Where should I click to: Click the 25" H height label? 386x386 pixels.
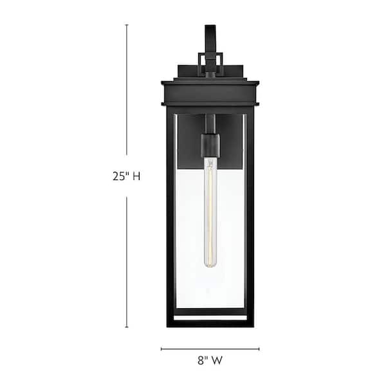pyautogui.click(x=126, y=176)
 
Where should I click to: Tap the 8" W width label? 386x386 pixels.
pyautogui.click(x=210, y=362)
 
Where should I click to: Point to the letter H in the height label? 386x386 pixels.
pyautogui.click(x=136, y=176)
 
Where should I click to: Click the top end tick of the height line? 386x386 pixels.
pyautogui.click(x=126, y=25)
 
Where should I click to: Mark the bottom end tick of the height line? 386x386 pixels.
pyautogui.click(x=126, y=327)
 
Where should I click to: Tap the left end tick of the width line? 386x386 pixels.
pyautogui.click(x=161, y=349)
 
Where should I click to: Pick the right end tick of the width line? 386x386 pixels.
pyautogui.click(x=259, y=349)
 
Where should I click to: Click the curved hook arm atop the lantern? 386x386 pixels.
pyautogui.click(x=210, y=35)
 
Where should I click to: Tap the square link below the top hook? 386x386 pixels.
pyautogui.click(x=210, y=63)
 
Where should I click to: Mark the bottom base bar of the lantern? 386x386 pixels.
pyautogui.click(x=210, y=322)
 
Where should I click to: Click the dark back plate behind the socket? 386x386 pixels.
pyautogui.click(x=190, y=138)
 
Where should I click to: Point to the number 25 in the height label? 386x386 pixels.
pyautogui.click(x=120, y=176)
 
